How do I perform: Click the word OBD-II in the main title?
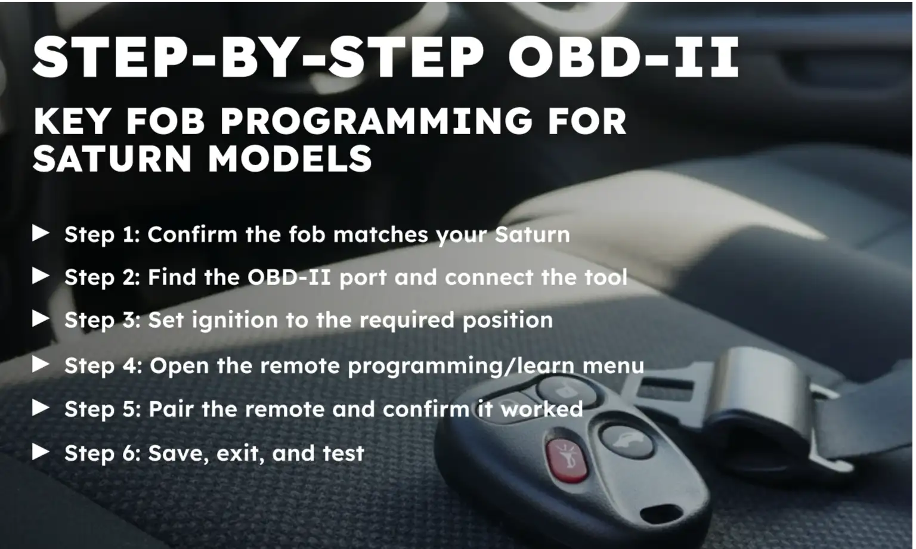[x=624, y=58]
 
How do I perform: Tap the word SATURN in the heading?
[x=112, y=159]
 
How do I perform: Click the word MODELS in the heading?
[x=290, y=159]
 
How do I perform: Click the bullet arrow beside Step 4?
[x=41, y=364]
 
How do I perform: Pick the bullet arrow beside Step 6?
[x=41, y=452]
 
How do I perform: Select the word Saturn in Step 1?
[x=532, y=234]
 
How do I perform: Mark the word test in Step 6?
[x=343, y=453]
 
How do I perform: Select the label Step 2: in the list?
[x=101, y=277]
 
